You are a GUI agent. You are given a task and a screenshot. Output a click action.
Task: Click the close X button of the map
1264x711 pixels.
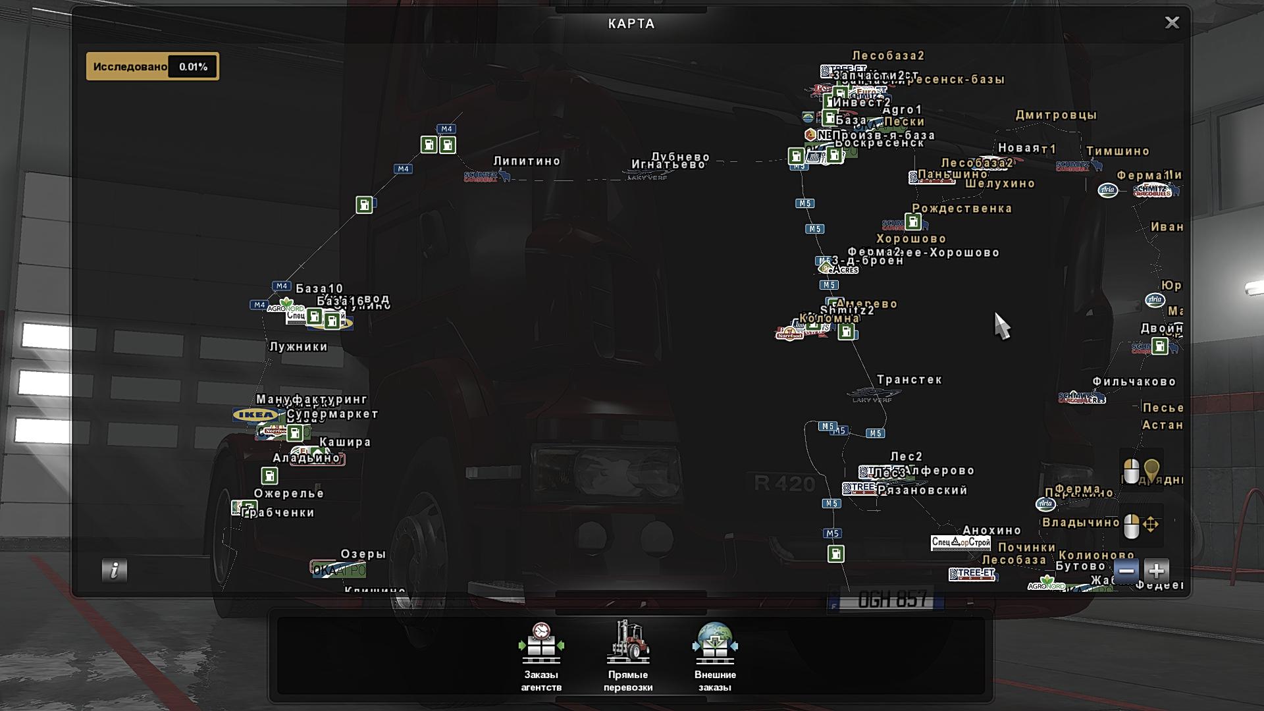click(1172, 23)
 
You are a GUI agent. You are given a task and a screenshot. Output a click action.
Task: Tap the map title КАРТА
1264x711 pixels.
click(631, 24)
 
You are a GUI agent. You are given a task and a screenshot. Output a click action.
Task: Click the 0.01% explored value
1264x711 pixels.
click(193, 66)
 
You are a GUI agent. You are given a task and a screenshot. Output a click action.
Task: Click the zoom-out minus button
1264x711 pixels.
click(1126, 571)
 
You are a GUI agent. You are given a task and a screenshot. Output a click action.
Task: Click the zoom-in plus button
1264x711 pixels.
click(1157, 571)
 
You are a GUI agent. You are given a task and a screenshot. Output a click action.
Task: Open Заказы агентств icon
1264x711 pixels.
click(541, 643)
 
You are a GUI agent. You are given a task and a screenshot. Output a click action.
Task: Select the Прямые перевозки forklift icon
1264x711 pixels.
click(628, 643)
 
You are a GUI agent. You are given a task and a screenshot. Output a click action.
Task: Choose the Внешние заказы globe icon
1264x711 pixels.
click(715, 643)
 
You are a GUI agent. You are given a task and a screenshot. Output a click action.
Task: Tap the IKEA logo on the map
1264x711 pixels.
click(255, 415)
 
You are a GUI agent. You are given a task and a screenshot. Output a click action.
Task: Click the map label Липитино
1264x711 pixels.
click(527, 161)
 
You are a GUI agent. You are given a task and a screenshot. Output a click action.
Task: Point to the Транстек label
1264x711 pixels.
click(909, 380)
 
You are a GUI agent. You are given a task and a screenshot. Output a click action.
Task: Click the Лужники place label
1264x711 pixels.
click(298, 347)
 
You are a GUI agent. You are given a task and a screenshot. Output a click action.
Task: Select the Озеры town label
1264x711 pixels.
click(363, 554)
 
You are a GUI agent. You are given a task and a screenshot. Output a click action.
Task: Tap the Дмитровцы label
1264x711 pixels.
click(1056, 115)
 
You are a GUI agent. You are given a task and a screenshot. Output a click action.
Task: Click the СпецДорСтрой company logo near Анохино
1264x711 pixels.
click(961, 542)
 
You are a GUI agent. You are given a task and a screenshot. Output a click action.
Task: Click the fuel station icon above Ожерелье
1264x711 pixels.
click(269, 475)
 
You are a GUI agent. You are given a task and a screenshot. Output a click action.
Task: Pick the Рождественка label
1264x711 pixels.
click(962, 209)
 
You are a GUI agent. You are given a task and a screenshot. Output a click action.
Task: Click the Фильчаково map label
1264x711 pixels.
click(1134, 382)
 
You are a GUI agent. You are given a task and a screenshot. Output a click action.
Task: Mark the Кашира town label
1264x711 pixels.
click(345, 442)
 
